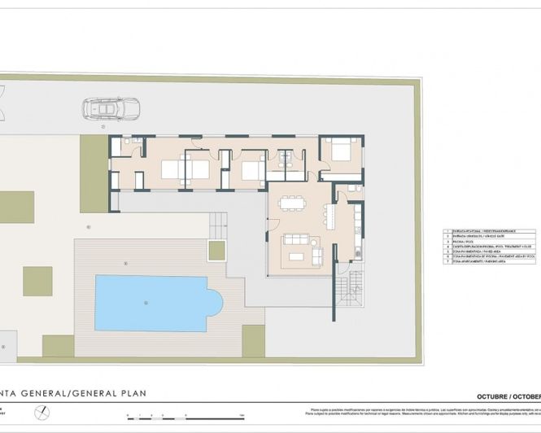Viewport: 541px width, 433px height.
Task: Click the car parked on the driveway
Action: tap(109, 109)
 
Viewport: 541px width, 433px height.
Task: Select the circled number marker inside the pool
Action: tap(146, 304)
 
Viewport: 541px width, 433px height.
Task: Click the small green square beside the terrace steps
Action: tap(217, 248)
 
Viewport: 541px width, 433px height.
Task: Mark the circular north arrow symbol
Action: tap(42, 413)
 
